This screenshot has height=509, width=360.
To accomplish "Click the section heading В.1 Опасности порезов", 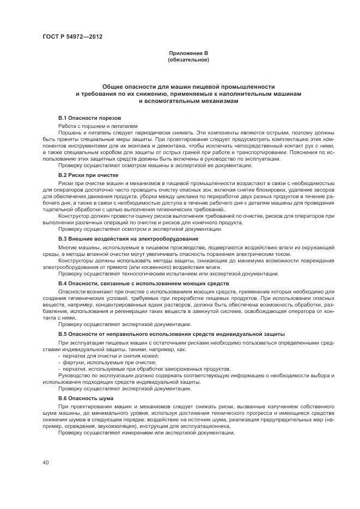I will click(x=89, y=118).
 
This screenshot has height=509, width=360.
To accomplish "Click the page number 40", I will click(x=45, y=463).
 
